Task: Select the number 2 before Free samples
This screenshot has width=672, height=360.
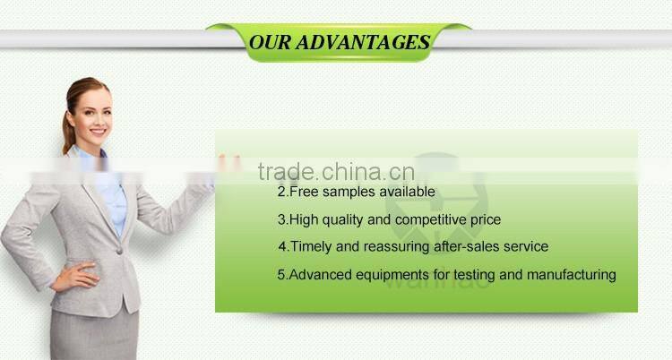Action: tap(281, 192)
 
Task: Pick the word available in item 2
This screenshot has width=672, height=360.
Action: tap(408, 192)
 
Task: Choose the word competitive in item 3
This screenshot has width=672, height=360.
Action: tap(426, 219)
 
